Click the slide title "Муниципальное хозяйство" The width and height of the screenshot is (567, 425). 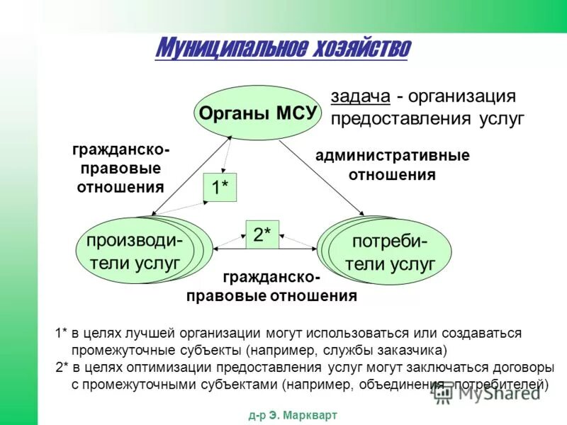282,48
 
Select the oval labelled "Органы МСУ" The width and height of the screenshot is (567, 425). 257,113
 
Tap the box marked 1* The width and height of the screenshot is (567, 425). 220,188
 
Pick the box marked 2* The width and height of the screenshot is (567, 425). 262,235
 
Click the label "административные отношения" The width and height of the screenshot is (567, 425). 392,164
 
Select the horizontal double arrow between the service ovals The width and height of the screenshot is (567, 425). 266,249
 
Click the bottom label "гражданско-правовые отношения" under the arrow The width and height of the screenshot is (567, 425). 271,288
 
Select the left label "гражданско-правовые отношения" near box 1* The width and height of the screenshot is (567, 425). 120,169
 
